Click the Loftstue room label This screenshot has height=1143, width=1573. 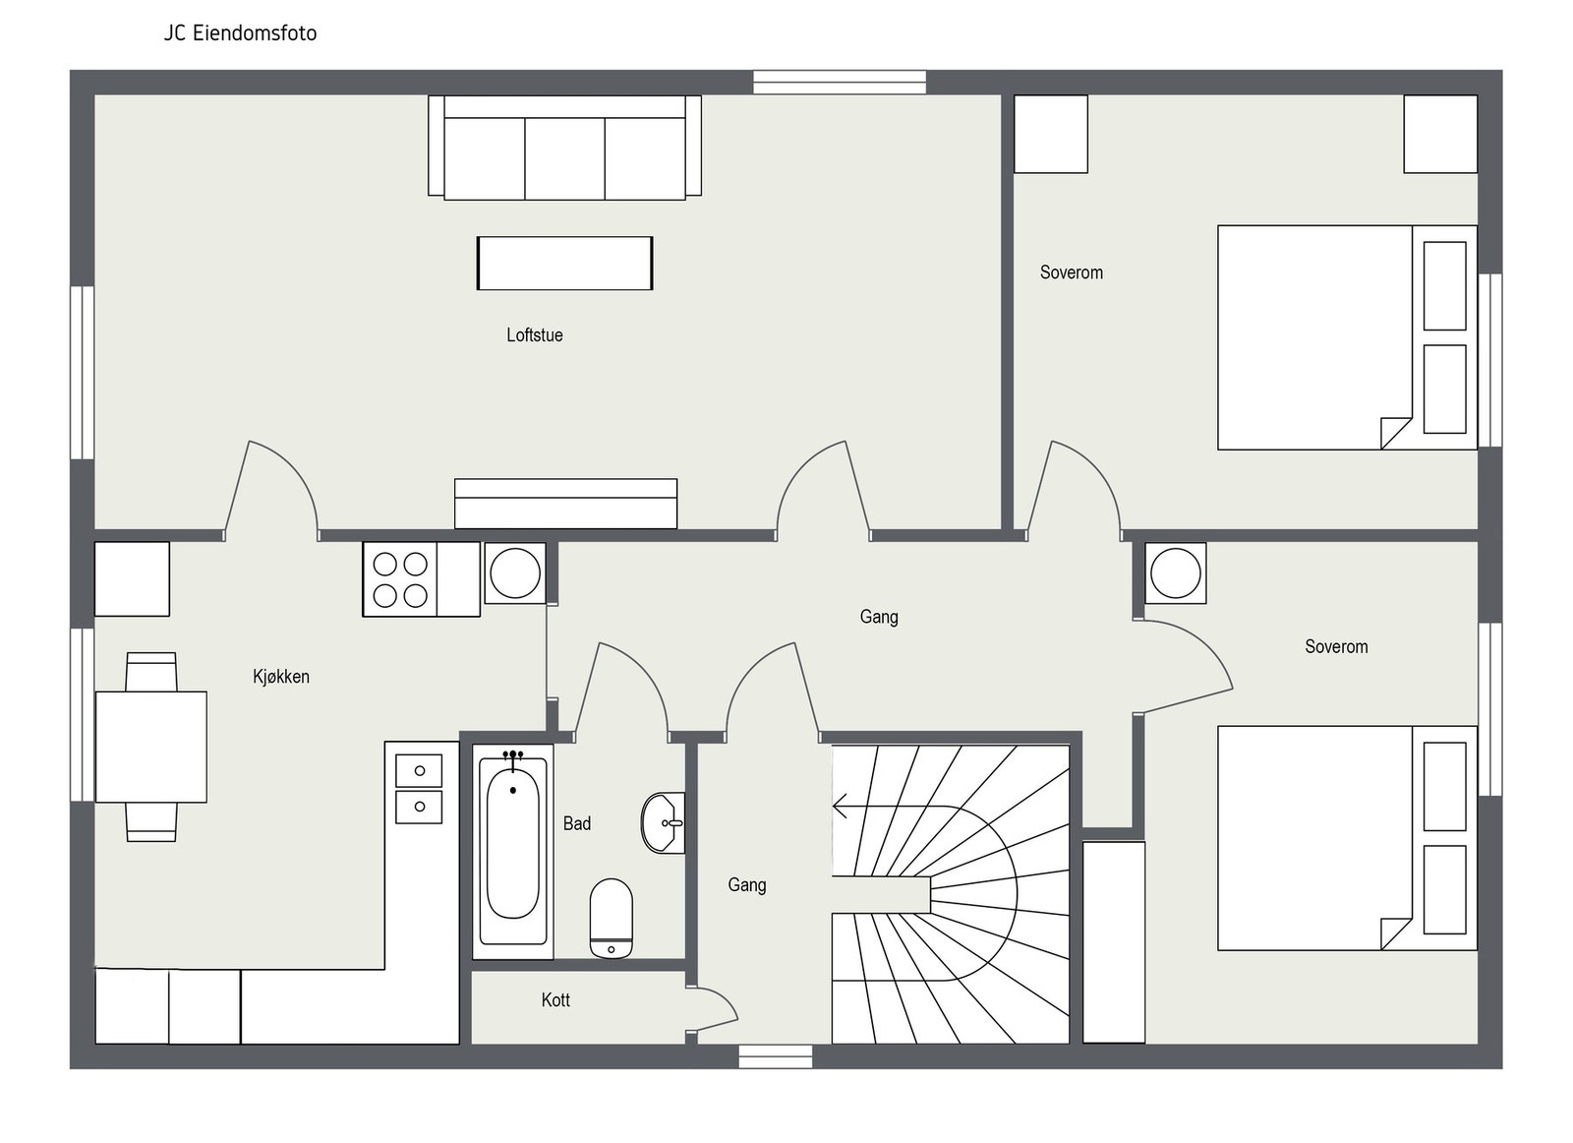coord(535,335)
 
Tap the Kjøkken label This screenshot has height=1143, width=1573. coord(281,677)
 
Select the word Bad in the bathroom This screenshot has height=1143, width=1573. coord(577,823)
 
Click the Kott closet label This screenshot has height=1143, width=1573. coord(555,1000)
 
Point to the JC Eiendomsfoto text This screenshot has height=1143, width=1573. coord(240,33)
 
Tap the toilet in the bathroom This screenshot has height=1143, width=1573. coord(612,918)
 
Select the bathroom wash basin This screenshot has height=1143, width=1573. coord(663,822)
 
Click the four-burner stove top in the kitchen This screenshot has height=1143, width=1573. coord(400,579)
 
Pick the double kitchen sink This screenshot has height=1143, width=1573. coord(419,788)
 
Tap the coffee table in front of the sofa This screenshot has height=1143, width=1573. coord(564,263)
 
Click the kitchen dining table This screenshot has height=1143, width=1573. coord(151,747)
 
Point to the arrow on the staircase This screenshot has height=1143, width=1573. coord(843,807)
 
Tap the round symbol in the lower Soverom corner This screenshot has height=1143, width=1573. coord(1175,572)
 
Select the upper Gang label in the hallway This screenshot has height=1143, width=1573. coord(879,617)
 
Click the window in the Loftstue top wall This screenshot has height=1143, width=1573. coord(840,82)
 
